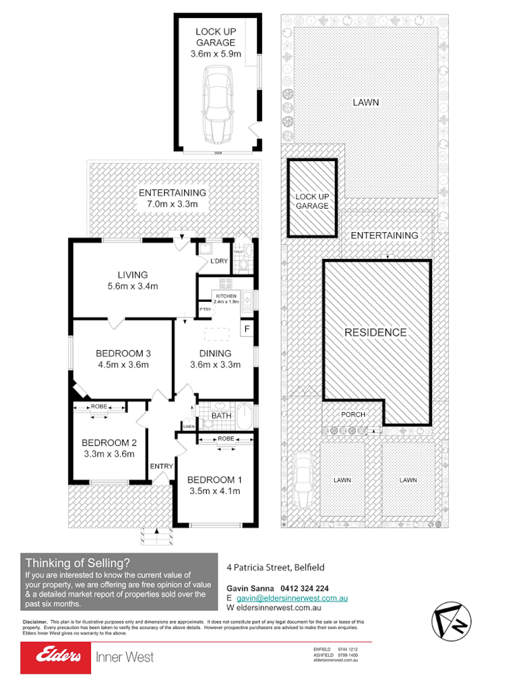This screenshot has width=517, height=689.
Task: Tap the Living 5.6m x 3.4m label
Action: tap(132, 280)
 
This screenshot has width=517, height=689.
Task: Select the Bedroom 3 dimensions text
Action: tap(122, 365)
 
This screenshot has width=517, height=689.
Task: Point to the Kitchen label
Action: tap(226, 296)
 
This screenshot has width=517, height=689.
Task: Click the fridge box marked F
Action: tap(247, 329)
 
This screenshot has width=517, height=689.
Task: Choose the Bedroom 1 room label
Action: tap(214, 480)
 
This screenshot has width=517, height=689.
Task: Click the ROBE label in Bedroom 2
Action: tap(100, 407)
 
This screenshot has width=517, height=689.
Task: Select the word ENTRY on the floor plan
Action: tap(161, 466)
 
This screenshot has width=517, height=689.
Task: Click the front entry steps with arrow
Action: tap(157, 535)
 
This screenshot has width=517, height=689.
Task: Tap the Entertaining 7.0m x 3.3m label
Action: tap(172, 198)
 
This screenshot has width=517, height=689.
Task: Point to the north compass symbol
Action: tap(452, 619)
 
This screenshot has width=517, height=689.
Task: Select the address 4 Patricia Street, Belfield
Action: tap(275, 568)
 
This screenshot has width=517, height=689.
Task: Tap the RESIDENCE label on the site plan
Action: tap(375, 332)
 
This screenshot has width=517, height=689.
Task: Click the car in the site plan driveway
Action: tap(301, 485)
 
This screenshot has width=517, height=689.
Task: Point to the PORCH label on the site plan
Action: tap(353, 414)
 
